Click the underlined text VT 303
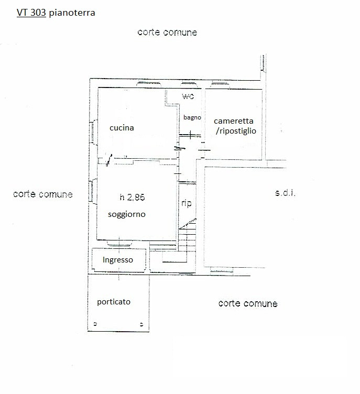31,14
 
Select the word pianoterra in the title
72,14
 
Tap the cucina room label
122,127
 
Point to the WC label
188,97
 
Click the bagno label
192,117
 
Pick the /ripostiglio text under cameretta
236,131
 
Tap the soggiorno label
126,214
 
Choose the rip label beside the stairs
186,203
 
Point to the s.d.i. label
285,193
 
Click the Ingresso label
117,259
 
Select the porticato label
114,302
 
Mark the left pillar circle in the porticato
95,323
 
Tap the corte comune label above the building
167,32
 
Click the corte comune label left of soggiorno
42,194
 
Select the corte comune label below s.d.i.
247,303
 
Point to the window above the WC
188,84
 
